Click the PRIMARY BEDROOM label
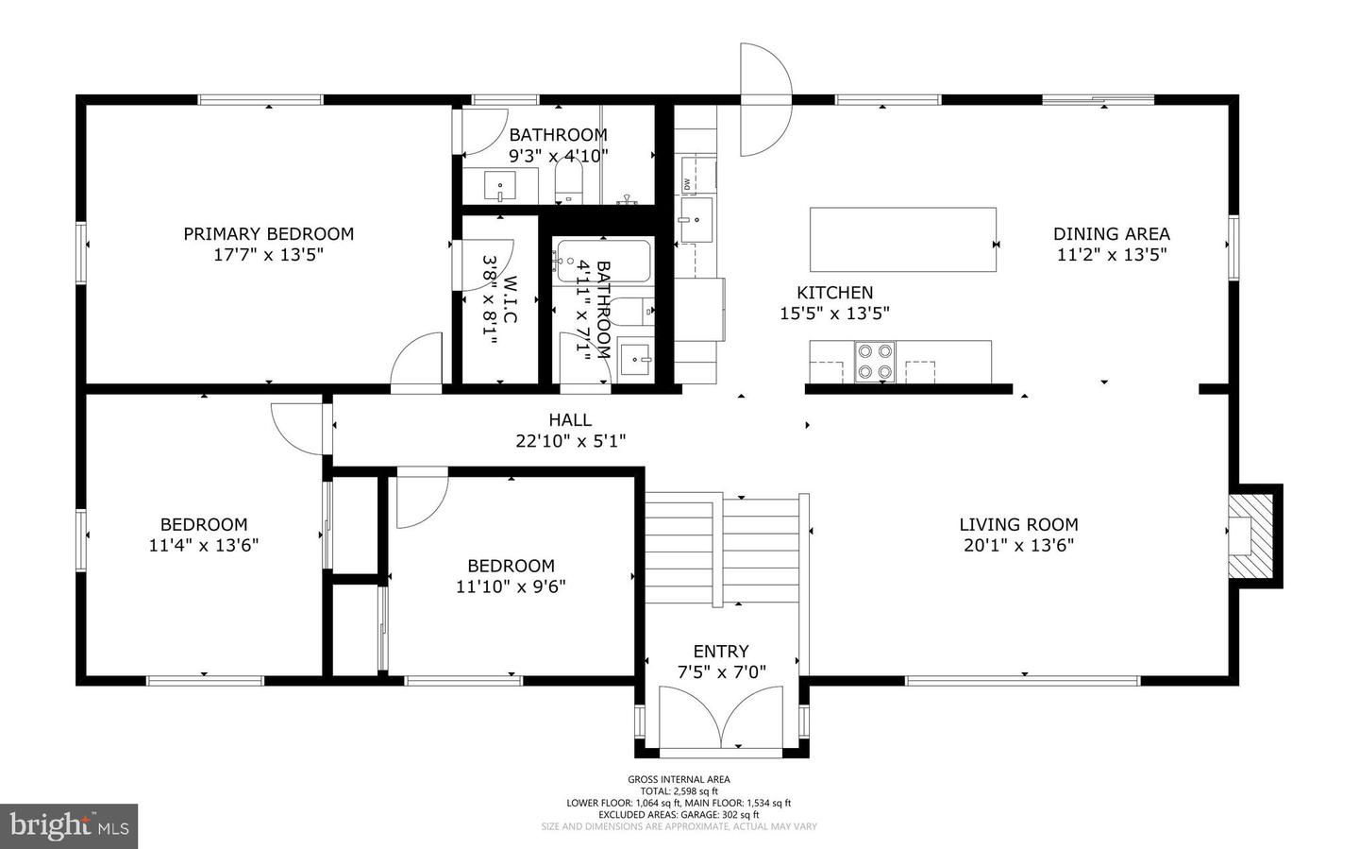coord(268,234)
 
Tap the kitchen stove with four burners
coord(874,361)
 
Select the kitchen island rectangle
coord(902,240)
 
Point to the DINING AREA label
coord(1111,234)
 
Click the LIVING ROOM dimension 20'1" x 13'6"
coord(1017,545)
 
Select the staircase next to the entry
coord(722,552)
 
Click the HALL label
coord(570,420)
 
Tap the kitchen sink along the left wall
coord(696,220)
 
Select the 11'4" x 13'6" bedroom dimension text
coord(204,545)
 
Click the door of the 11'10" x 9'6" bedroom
coord(419,499)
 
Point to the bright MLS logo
coord(69,826)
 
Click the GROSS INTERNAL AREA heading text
coord(679,779)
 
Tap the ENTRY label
coord(721,652)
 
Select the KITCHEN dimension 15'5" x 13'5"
coord(834,314)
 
